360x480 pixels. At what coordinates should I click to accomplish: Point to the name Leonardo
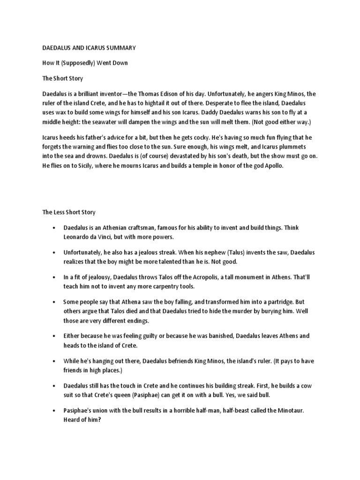(78, 237)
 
